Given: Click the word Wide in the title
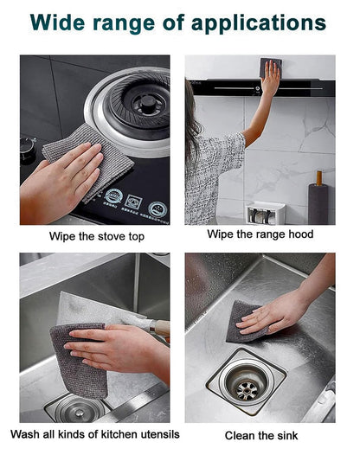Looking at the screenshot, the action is pos(57,22).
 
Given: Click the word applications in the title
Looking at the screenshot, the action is pos(259,23).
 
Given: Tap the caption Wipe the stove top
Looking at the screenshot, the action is pos(97,236).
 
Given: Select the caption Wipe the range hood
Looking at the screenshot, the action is pos(260,234).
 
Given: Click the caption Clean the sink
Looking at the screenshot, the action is pos(261,436).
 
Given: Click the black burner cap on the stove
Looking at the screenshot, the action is pos(148,101).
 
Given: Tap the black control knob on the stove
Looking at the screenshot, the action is pos(28,149).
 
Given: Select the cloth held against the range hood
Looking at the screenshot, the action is pos(270,67).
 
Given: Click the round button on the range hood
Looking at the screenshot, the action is pos(258,88).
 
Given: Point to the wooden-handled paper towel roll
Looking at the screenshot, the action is pos(318,201).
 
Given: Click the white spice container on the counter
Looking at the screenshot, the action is pos(266,213).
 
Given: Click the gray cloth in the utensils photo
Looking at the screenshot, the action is pos(80,360).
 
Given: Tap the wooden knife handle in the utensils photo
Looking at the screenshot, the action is pos(160,328).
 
